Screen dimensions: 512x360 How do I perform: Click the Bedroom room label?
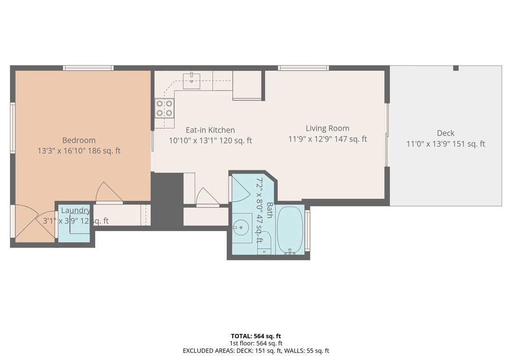tap(79, 140)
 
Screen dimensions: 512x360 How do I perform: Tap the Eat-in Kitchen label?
tap(210, 130)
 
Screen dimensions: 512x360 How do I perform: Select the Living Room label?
tap(328, 128)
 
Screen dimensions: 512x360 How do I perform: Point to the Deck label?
tap(446, 133)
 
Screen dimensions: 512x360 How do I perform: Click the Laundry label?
tap(76, 210)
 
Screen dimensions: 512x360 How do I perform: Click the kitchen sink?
tap(192, 81)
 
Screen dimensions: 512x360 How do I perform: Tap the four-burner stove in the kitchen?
tap(164, 108)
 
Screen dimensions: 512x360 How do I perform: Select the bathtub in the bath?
tap(290, 230)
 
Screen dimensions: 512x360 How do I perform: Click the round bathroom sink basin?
tap(241, 227)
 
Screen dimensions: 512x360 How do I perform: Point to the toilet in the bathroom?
tap(264, 243)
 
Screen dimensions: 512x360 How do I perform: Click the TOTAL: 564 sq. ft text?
tap(256, 336)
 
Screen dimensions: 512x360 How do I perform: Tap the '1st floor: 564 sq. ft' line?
tap(256, 343)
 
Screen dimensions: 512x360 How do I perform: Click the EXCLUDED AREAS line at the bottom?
tap(256, 351)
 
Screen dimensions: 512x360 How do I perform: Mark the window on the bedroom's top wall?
tap(88, 68)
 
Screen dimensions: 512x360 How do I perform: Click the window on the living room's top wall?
tap(303, 68)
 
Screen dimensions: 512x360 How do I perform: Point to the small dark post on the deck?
tap(456, 68)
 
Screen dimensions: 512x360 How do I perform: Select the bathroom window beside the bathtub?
tap(307, 230)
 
